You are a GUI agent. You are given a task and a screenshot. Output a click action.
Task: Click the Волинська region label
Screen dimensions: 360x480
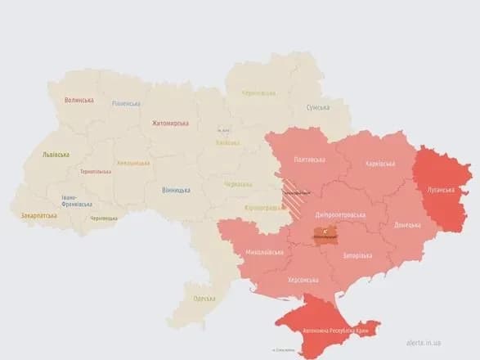[79, 101]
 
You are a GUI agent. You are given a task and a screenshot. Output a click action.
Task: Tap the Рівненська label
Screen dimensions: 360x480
[126, 104]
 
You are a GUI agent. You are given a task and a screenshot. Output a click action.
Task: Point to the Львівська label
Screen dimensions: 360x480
[56, 155]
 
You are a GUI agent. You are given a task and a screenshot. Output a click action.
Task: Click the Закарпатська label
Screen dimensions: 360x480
[38, 216]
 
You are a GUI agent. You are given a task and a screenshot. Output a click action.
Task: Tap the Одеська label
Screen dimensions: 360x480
[204, 299]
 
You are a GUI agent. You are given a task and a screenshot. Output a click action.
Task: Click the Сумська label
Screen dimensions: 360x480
[317, 108]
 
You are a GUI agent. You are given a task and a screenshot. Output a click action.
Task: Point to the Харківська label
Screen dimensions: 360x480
[382, 163]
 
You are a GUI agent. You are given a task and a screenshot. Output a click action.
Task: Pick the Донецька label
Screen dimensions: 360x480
[407, 225]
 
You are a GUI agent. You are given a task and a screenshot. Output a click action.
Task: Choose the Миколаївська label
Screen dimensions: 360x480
[264, 252]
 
